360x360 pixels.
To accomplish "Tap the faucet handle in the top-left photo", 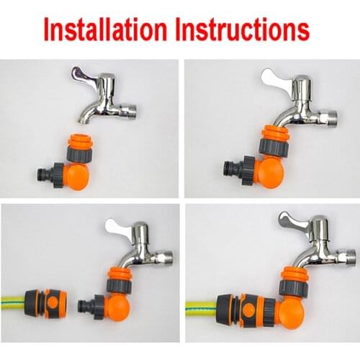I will coord(86,74).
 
